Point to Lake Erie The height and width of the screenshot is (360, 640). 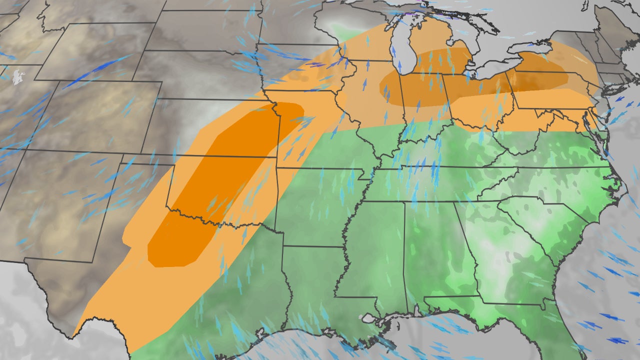click(487, 75)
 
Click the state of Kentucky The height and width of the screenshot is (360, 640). click(450, 150)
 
